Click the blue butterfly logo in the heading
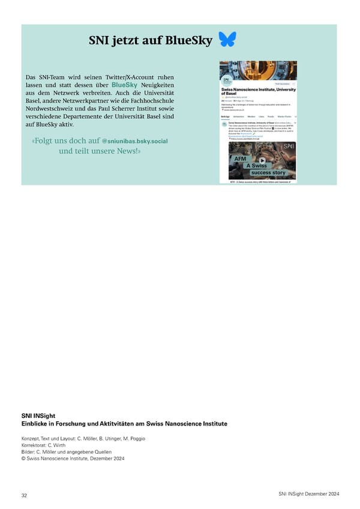tap(227, 39)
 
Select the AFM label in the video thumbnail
tap(240, 158)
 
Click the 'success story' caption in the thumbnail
tap(268, 173)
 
